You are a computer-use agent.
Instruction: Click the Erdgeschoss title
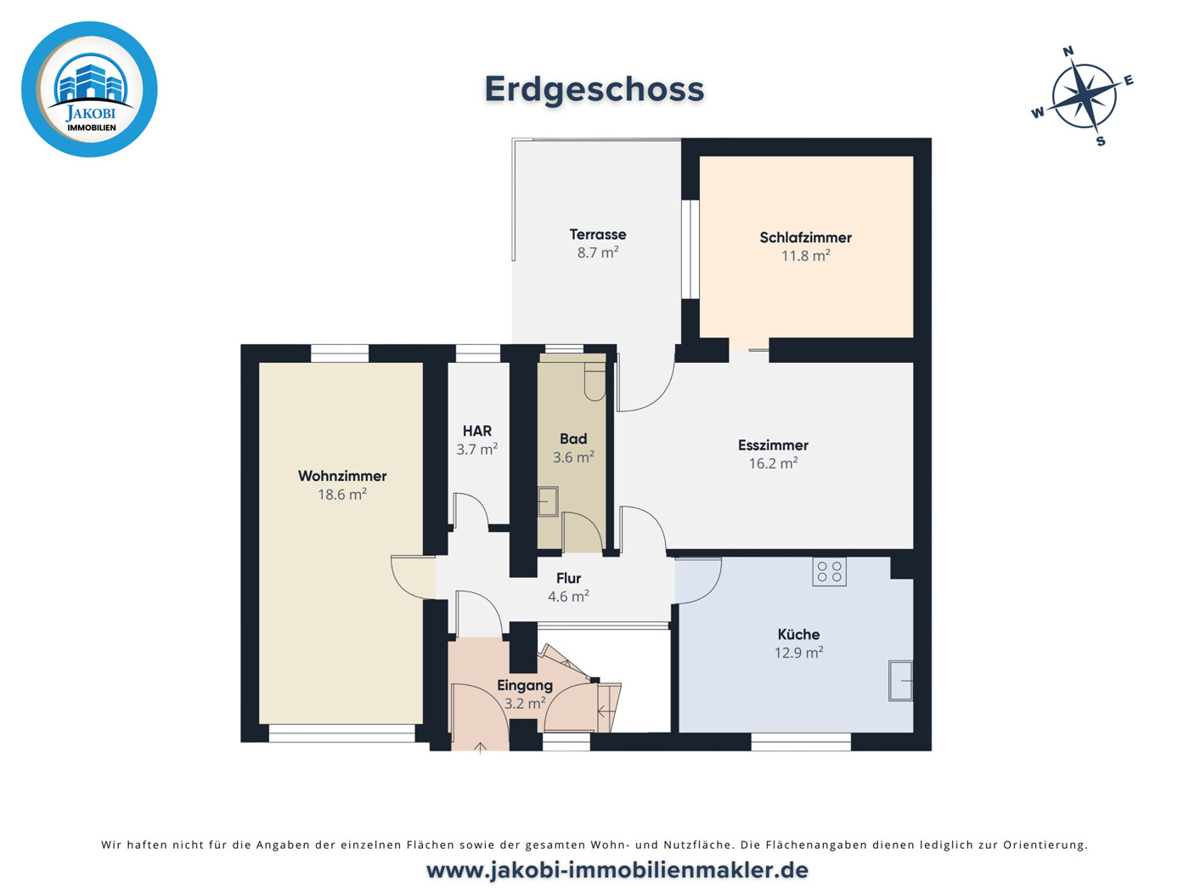[x=594, y=89]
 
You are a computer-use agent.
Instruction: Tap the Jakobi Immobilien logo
[x=89, y=89]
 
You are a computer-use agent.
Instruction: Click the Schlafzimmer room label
[x=805, y=237]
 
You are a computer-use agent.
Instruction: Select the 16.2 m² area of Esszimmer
[x=773, y=463]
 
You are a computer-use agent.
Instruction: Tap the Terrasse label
[x=598, y=235]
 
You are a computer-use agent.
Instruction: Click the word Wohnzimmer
[x=342, y=476]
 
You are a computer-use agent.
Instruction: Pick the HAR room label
[x=477, y=432]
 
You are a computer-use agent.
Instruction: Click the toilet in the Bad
[x=594, y=382]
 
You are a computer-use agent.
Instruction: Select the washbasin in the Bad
[x=548, y=501]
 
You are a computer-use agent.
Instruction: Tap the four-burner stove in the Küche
[x=829, y=572]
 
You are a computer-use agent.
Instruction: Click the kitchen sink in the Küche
[x=900, y=681]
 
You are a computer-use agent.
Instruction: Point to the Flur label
[x=568, y=579]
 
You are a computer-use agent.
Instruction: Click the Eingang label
[x=525, y=686]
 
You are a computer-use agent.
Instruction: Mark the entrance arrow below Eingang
[x=480, y=748]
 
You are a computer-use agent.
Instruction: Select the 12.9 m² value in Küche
[x=798, y=653]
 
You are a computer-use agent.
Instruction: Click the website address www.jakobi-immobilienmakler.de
[x=617, y=871]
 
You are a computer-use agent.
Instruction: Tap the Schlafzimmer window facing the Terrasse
[x=690, y=249]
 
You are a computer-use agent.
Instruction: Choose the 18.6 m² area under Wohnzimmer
[x=341, y=495]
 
